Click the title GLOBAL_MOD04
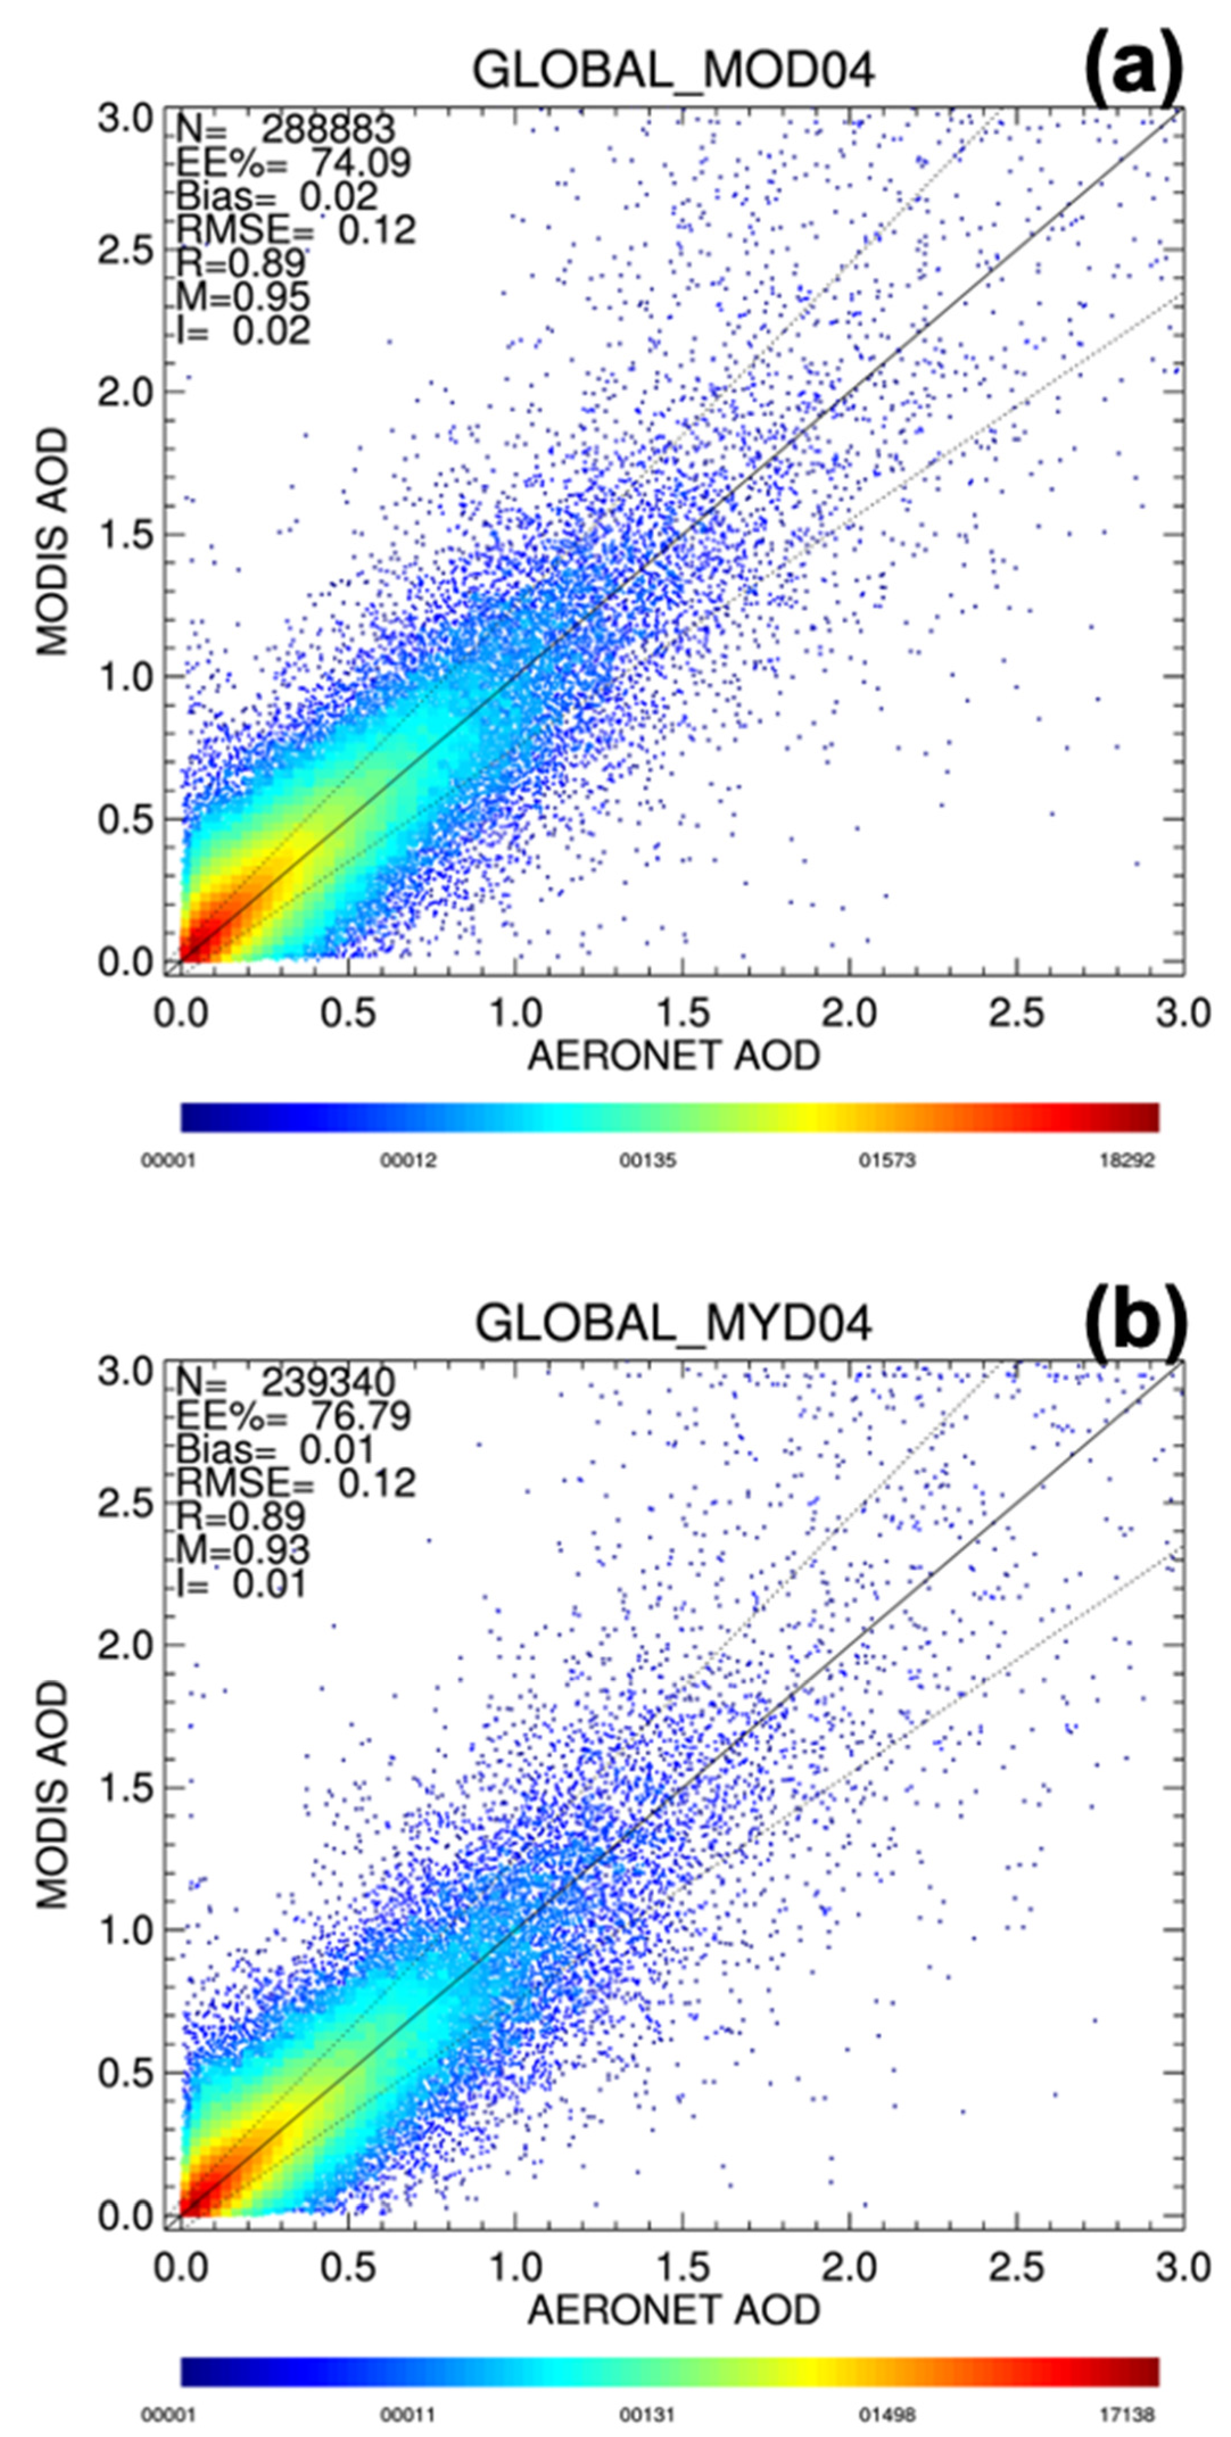tap(673, 72)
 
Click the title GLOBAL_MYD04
tap(673, 1323)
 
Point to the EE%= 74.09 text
tap(294, 163)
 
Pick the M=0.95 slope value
tap(243, 297)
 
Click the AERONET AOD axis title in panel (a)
tap(673, 1056)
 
